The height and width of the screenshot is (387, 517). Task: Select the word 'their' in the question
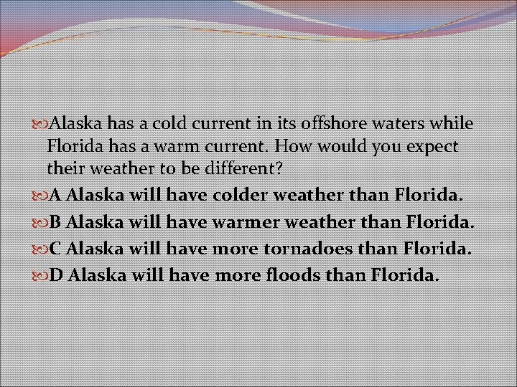67,170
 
